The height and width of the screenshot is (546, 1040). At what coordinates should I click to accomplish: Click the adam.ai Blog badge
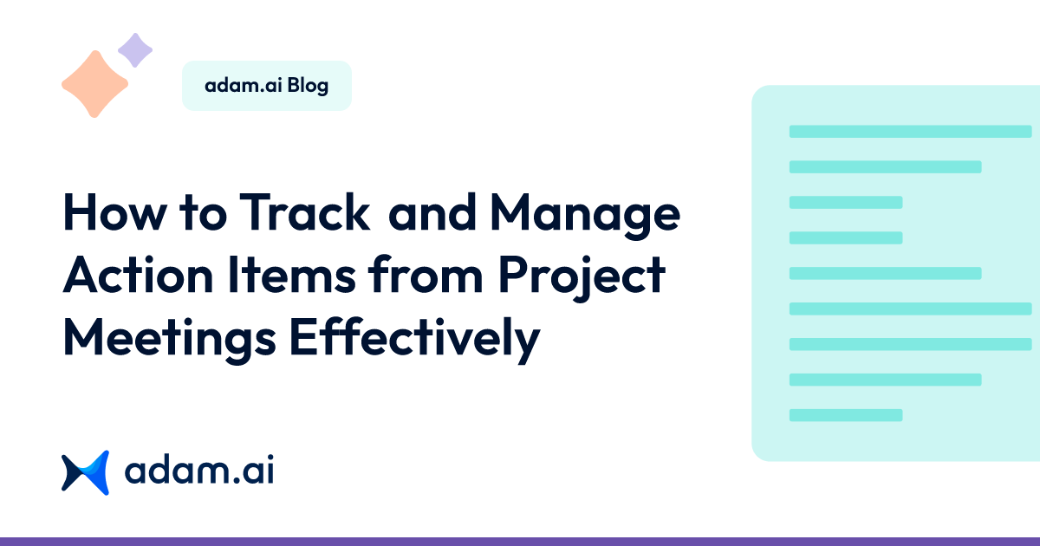[266, 86]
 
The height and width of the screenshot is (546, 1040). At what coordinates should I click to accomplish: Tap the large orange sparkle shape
[94, 84]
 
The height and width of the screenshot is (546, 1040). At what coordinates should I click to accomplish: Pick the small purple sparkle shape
[134, 50]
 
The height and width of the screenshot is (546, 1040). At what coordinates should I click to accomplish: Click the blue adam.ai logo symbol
[85, 472]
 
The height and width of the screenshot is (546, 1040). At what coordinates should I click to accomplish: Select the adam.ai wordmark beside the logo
[198, 472]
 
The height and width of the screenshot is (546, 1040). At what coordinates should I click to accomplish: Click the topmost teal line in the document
[910, 132]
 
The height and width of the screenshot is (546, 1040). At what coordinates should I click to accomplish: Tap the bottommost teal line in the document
[846, 415]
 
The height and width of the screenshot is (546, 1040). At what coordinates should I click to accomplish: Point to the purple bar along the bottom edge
[520, 541]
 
